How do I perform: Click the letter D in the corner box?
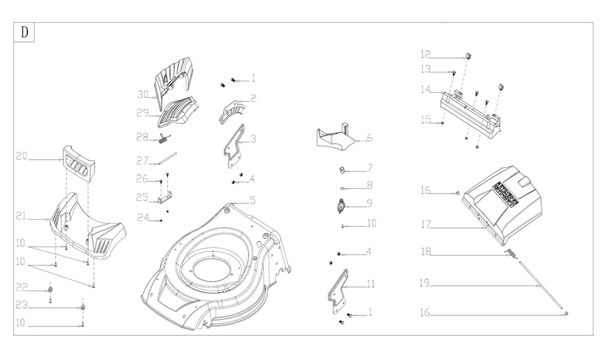[24, 32]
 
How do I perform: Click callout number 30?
[143, 96]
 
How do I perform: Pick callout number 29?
[143, 112]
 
